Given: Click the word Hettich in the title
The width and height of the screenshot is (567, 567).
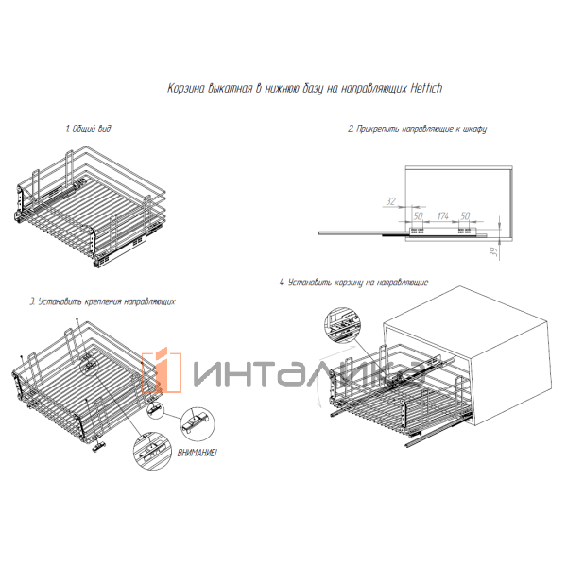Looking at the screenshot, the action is coord(426,88).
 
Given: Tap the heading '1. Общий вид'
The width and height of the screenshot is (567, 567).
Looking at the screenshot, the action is coord(88,129).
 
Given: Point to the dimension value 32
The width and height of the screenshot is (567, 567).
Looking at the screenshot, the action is coord(390,201).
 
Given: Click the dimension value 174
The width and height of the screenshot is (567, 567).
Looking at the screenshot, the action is coord(442,215).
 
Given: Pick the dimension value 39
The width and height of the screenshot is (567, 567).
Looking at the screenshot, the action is coord(493,251).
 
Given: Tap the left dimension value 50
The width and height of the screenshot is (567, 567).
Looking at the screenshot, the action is coord(418,215).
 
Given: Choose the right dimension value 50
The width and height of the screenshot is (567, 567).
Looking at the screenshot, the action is coord(465,215).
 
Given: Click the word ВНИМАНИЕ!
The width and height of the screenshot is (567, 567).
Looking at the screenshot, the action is coord(198,453).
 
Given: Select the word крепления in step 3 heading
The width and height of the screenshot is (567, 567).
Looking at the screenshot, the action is coord(103,301).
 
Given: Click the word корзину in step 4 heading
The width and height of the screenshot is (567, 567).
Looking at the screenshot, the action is coord(348,283).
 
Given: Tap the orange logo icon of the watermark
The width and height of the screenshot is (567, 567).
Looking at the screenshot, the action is coord(162,371).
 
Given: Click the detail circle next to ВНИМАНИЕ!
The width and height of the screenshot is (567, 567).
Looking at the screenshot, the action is coord(198,424).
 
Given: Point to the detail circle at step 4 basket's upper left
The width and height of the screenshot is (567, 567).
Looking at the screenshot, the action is coord(342,324).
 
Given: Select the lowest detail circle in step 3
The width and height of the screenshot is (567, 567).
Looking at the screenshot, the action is coord(152,451).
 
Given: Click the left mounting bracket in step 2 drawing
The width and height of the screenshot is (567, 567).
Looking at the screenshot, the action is coord(417,231).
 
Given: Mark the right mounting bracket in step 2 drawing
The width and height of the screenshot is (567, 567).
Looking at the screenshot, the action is coord(464,231).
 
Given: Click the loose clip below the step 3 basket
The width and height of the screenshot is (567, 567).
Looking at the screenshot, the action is coord(98,447).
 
